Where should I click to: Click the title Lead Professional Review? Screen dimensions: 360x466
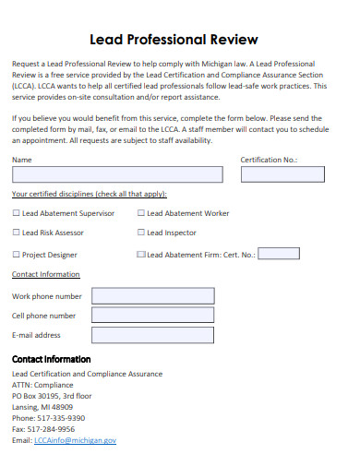179,40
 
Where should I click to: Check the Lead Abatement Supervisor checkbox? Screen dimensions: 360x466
16,213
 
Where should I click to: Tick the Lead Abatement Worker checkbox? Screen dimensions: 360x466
141,213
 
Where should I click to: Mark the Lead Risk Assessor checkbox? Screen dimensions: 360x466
16,233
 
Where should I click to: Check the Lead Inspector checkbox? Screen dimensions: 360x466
141,233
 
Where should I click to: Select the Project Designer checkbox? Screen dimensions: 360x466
16,254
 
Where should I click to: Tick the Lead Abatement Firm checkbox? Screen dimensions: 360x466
141,254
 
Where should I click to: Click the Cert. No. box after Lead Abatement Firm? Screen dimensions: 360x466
279,253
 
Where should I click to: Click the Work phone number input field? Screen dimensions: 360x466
152,295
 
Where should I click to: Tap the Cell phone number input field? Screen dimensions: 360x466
152,316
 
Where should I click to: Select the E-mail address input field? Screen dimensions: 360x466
152,335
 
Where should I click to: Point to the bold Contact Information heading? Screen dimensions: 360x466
51,359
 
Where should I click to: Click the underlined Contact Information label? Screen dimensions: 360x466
46,275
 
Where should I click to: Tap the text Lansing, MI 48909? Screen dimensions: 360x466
42,407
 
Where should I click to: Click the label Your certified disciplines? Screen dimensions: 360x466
88,195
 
